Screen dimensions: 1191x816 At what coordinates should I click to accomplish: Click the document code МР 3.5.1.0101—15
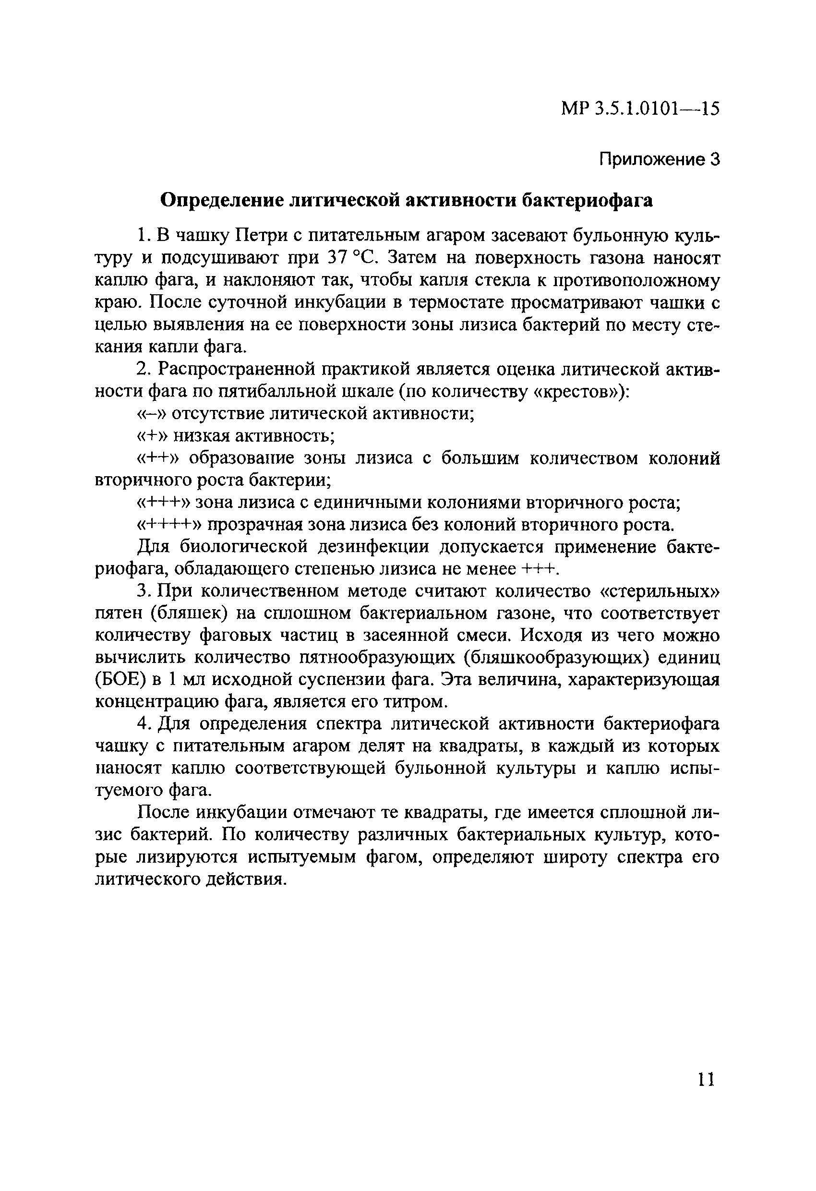640,108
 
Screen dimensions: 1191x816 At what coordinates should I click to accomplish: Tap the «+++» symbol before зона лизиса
165,503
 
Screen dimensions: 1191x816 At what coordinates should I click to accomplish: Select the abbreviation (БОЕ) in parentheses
121,680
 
